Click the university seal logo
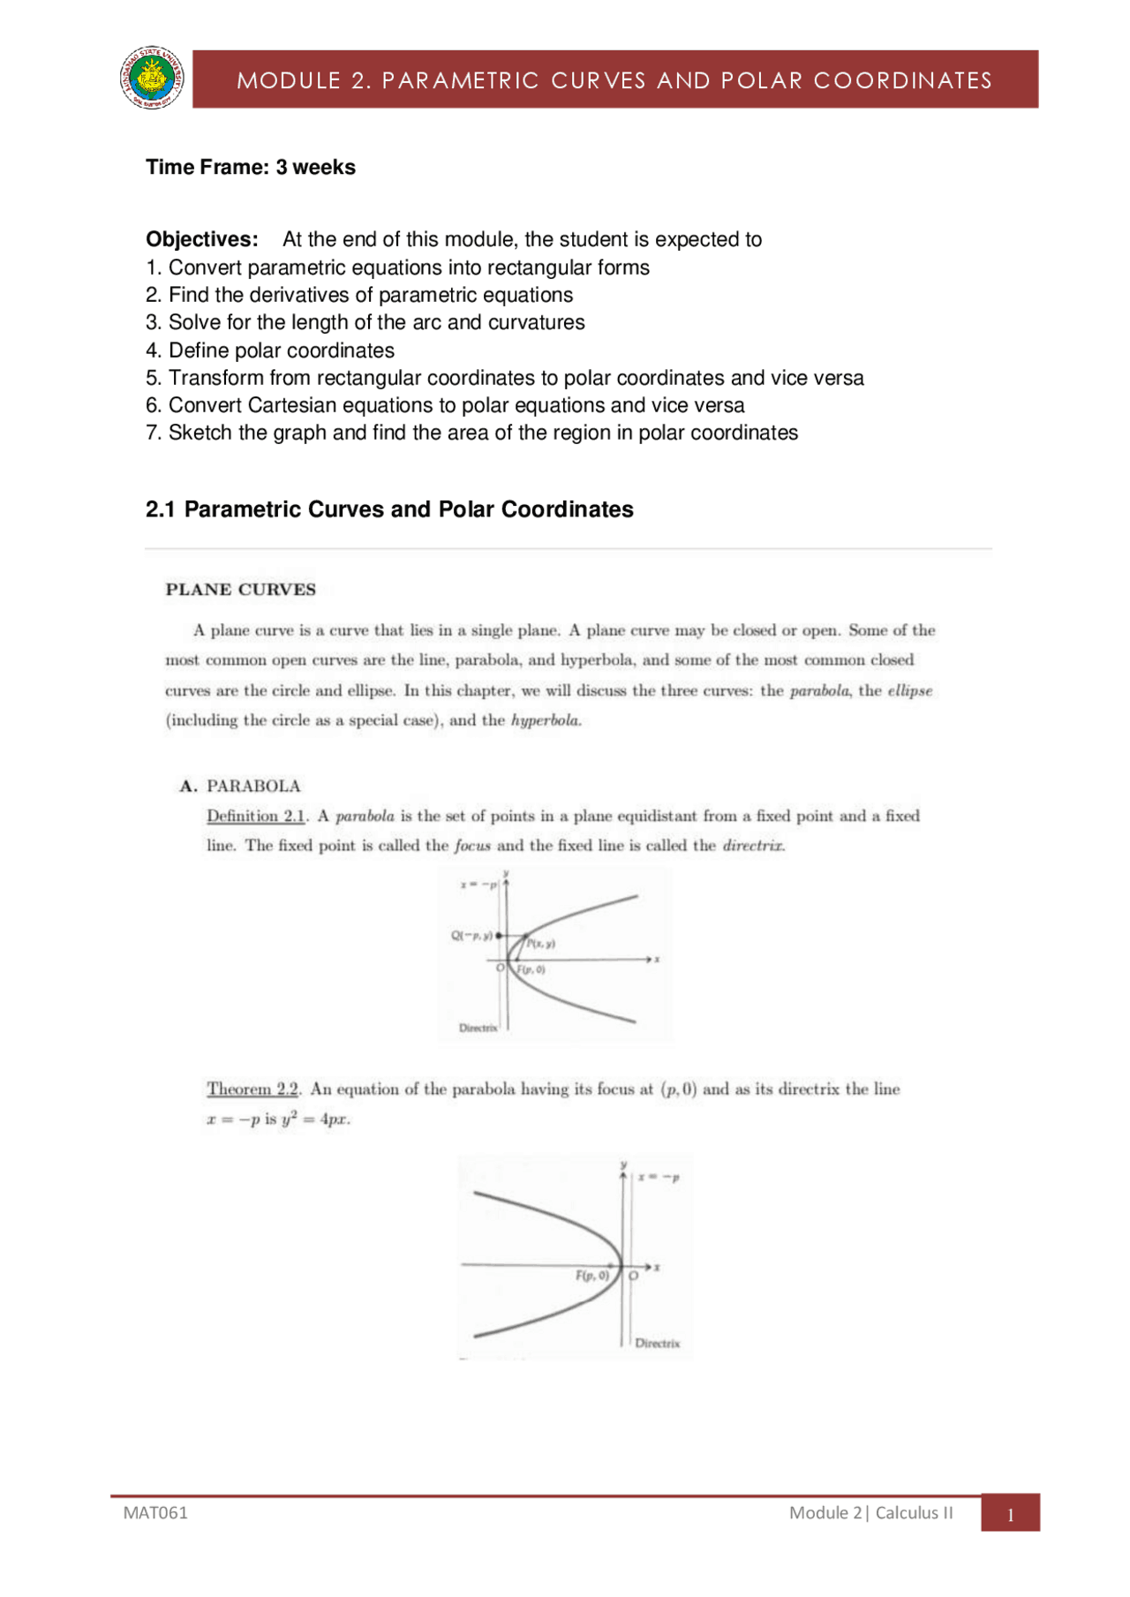(153, 79)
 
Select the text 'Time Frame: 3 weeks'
(251, 168)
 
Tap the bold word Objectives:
(202, 239)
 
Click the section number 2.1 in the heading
(160, 509)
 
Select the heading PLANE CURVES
(240, 590)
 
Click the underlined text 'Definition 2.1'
(256, 816)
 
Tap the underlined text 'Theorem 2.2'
(252, 1089)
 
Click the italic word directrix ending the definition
(753, 846)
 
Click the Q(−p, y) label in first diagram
(471, 935)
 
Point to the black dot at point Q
(499, 935)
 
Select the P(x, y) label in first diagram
(540, 944)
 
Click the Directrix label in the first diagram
(478, 1028)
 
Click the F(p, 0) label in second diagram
(592, 1275)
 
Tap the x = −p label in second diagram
(659, 1177)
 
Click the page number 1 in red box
(1010, 1515)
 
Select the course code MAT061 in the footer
(155, 1512)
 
